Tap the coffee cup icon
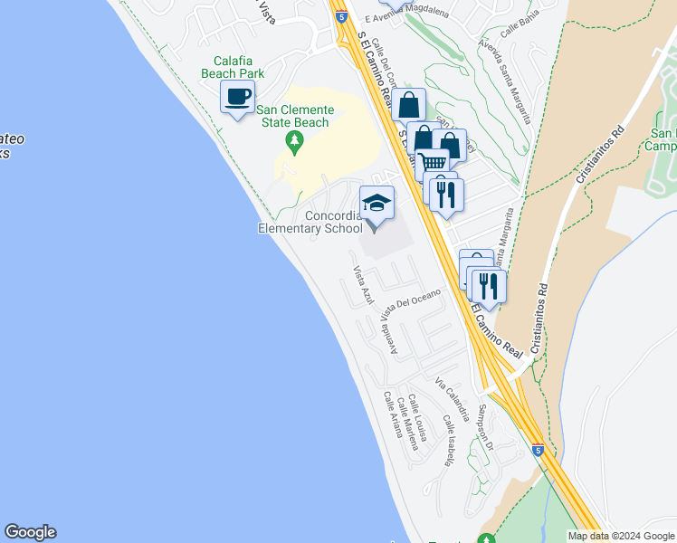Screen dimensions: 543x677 (x=238, y=97)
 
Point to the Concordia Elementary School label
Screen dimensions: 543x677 (x=310, y=222)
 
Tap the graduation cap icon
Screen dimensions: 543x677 (x=377, y=202)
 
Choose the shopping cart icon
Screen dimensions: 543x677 (x=434, y=164)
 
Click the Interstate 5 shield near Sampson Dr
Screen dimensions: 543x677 (x=538, y=450)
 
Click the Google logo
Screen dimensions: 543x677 (x=30, y=532)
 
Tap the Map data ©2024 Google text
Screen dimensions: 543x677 (x=621, y=536)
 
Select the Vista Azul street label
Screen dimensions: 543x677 (x=363, y=284)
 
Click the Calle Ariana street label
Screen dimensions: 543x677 (x=392, y=414)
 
